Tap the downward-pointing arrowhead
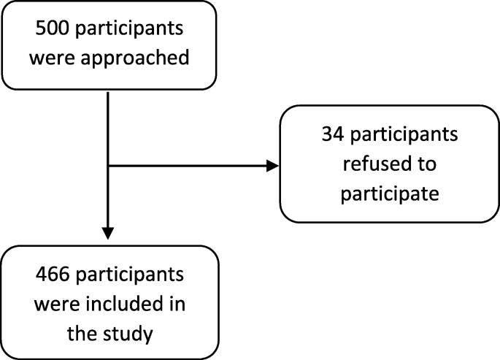point(108,233)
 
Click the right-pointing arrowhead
point(273,166)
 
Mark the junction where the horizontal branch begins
point(108,166)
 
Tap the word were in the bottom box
point(56,305)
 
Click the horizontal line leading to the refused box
point(190,166)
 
